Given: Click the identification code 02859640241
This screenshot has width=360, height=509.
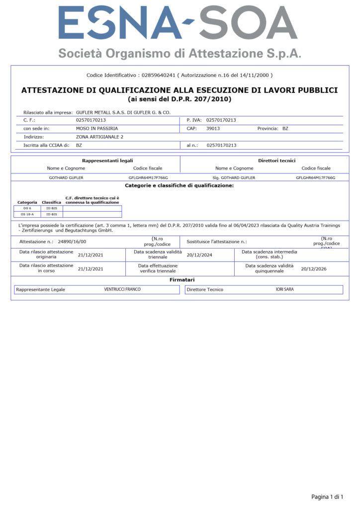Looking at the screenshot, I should pyautogui.click(x=159, y=75).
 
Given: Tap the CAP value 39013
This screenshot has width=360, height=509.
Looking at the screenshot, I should pyautogui.click(x=213, y=128).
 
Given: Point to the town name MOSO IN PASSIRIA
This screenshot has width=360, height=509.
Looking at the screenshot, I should pyautogui.click(x=97, y=128).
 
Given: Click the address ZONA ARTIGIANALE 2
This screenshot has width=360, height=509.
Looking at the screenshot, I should pyautogui.click(x=99, y=136).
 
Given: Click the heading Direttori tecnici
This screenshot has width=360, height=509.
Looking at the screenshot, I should pyautogui.click(x=276, y=161).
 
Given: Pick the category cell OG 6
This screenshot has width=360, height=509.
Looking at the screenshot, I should pyautogui.click(x=27, y=208).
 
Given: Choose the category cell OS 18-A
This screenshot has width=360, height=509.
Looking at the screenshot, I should pyautogui.click(x=27, y=214).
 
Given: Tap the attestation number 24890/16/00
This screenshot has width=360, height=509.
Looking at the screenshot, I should pyautogui.click(x=72, y=242).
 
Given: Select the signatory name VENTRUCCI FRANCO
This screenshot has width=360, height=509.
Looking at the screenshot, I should pyautogui.click(x=122, y=289).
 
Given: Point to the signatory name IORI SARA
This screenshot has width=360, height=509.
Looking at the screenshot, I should pyautogui.click(x=284, y=289).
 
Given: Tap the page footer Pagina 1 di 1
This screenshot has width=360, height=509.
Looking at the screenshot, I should pyautogui.click(x=327, y=497).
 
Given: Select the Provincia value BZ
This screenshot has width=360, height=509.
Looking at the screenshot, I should pyautogui.click(x=285, y=128).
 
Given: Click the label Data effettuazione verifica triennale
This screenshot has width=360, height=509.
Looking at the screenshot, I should pyautogui.click(x=158, y=268).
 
